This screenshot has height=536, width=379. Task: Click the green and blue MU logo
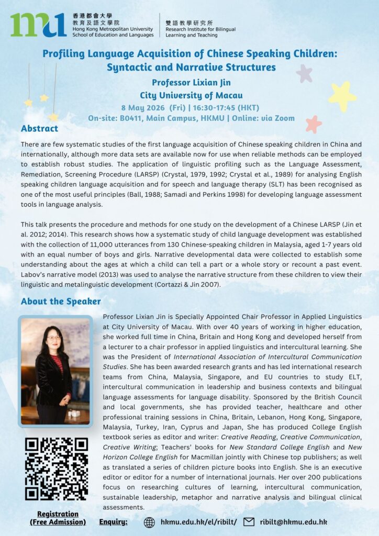pos(38,25)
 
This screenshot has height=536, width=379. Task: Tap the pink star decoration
pos(313,124)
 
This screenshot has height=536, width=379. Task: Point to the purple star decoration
pos(304,73)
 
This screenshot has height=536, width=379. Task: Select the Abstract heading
pos(39,129)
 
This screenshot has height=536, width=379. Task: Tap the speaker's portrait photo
pos(55,371)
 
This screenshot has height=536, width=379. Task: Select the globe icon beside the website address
pos(149,522)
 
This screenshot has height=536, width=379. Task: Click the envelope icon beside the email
pos(249,522)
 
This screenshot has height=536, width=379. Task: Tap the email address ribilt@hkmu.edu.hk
pos(295,522)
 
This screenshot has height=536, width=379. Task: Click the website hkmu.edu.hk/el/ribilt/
pos(199,522)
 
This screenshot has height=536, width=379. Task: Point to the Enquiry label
pos(113,522)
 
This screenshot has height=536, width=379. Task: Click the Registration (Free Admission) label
pos(58,518)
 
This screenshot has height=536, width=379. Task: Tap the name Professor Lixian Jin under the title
pos(191,82)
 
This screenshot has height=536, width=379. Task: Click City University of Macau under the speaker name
pos(191,95)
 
